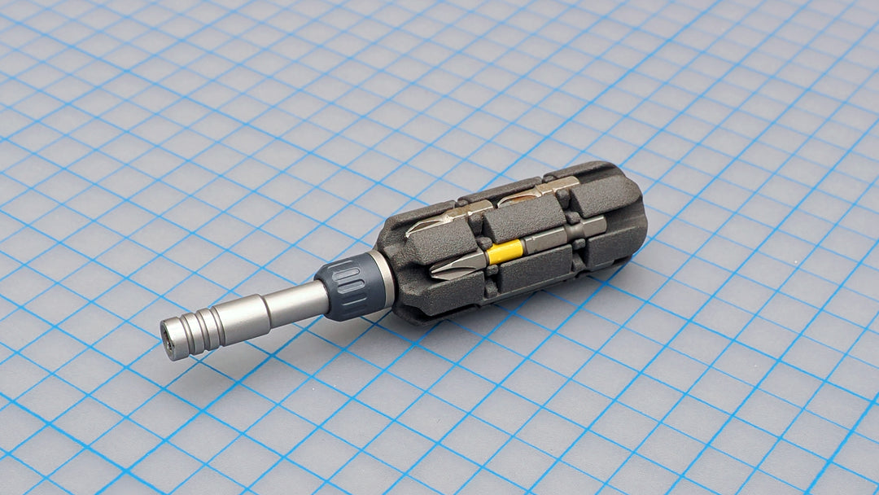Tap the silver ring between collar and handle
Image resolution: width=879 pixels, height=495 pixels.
383,277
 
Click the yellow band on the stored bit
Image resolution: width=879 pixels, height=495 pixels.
503,252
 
